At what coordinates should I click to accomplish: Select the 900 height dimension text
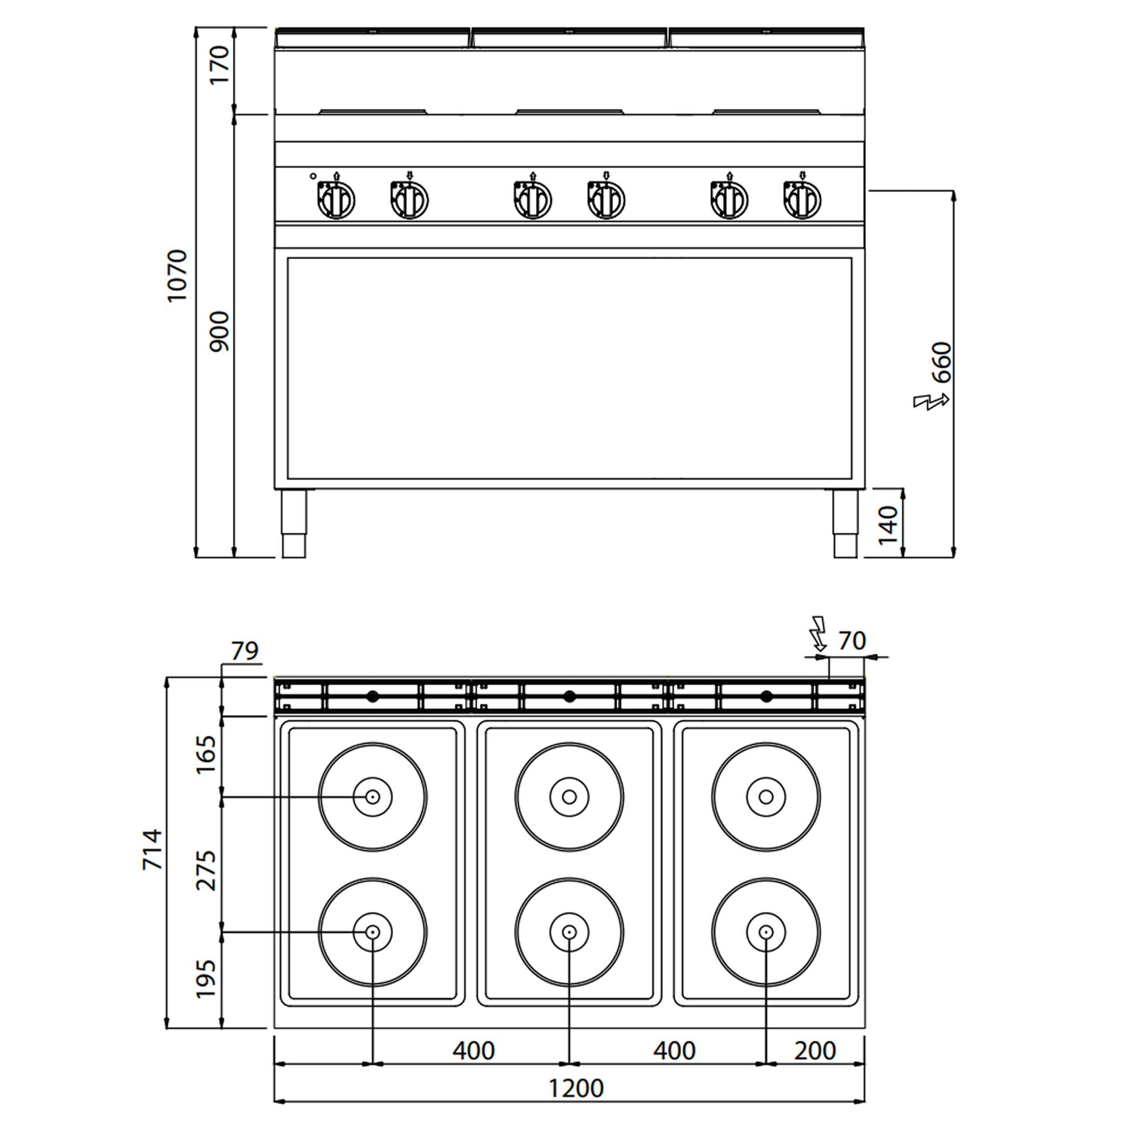click(x=219, y=332)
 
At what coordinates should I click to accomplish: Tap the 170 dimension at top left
click(x=219, y=65)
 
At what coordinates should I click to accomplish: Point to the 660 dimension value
click(x=941, y=362)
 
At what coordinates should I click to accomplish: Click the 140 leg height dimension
click(x=888, y=525)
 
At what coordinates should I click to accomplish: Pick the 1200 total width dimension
click(x=576, y=1088)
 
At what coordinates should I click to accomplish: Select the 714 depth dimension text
click(x=153, y=849)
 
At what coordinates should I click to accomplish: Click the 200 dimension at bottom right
click(x=815, y=1051)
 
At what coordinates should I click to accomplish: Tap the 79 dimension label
click(x=245, y=651)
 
